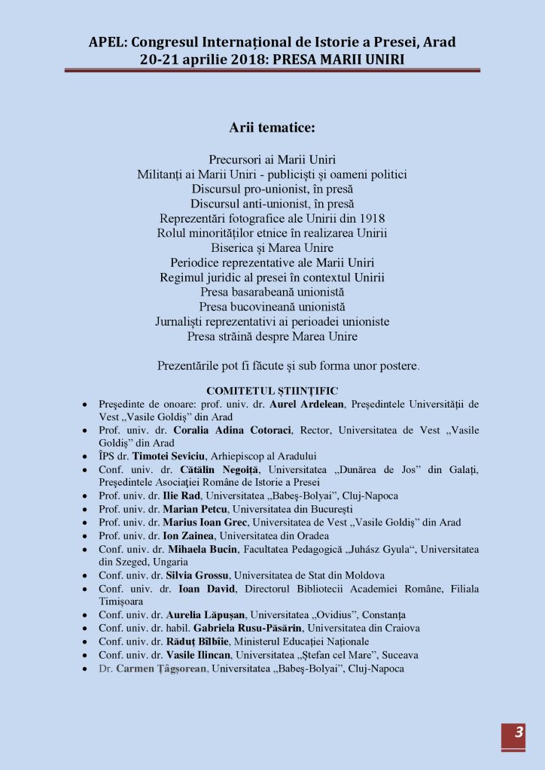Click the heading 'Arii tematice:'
point(272,128)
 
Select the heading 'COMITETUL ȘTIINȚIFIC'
point(272,390)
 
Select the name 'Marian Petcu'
point(194,508)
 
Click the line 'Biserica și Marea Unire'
point(272,247)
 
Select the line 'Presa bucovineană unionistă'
point(272,307)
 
